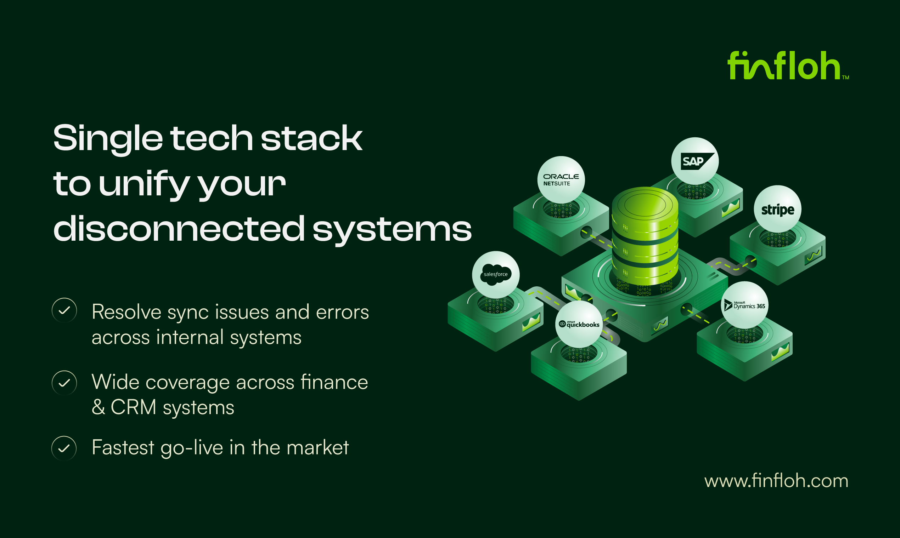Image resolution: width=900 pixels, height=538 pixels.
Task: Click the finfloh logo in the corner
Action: (x=784, y=65)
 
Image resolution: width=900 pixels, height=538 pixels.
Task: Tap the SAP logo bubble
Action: (x=694, y=161)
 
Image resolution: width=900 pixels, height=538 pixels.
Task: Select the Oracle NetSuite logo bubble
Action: (x=561, y=179)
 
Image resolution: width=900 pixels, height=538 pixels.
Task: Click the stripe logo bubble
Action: (x=777, y=209)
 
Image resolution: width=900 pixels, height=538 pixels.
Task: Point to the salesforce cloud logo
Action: (x=495, y=274)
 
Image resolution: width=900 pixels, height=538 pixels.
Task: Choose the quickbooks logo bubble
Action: (x=579, y=324)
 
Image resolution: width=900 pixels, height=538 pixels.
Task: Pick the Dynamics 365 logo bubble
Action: (x=744, y=305)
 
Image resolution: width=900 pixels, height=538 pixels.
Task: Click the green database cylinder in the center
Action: (x=645, y=236)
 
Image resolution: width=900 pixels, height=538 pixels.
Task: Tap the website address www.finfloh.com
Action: (x=776, y=481)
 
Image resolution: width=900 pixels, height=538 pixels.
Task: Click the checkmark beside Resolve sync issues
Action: (x=64, y=310)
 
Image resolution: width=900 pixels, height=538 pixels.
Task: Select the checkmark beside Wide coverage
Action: (x=64, y=383)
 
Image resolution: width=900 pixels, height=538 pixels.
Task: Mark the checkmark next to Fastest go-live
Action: (x=64, y=448)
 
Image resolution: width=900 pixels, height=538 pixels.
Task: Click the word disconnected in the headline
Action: (x=179, y=228)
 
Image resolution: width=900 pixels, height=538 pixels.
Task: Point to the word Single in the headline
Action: (x=108, y=139)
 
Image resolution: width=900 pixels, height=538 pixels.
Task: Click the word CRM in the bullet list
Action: (x=133, y=407)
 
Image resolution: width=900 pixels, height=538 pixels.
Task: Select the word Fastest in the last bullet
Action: (x=123, y=447)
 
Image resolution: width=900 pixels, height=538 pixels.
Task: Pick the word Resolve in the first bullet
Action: (x=126, y=312)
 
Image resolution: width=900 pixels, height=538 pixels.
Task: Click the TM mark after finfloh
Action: (x=845, y=77)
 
